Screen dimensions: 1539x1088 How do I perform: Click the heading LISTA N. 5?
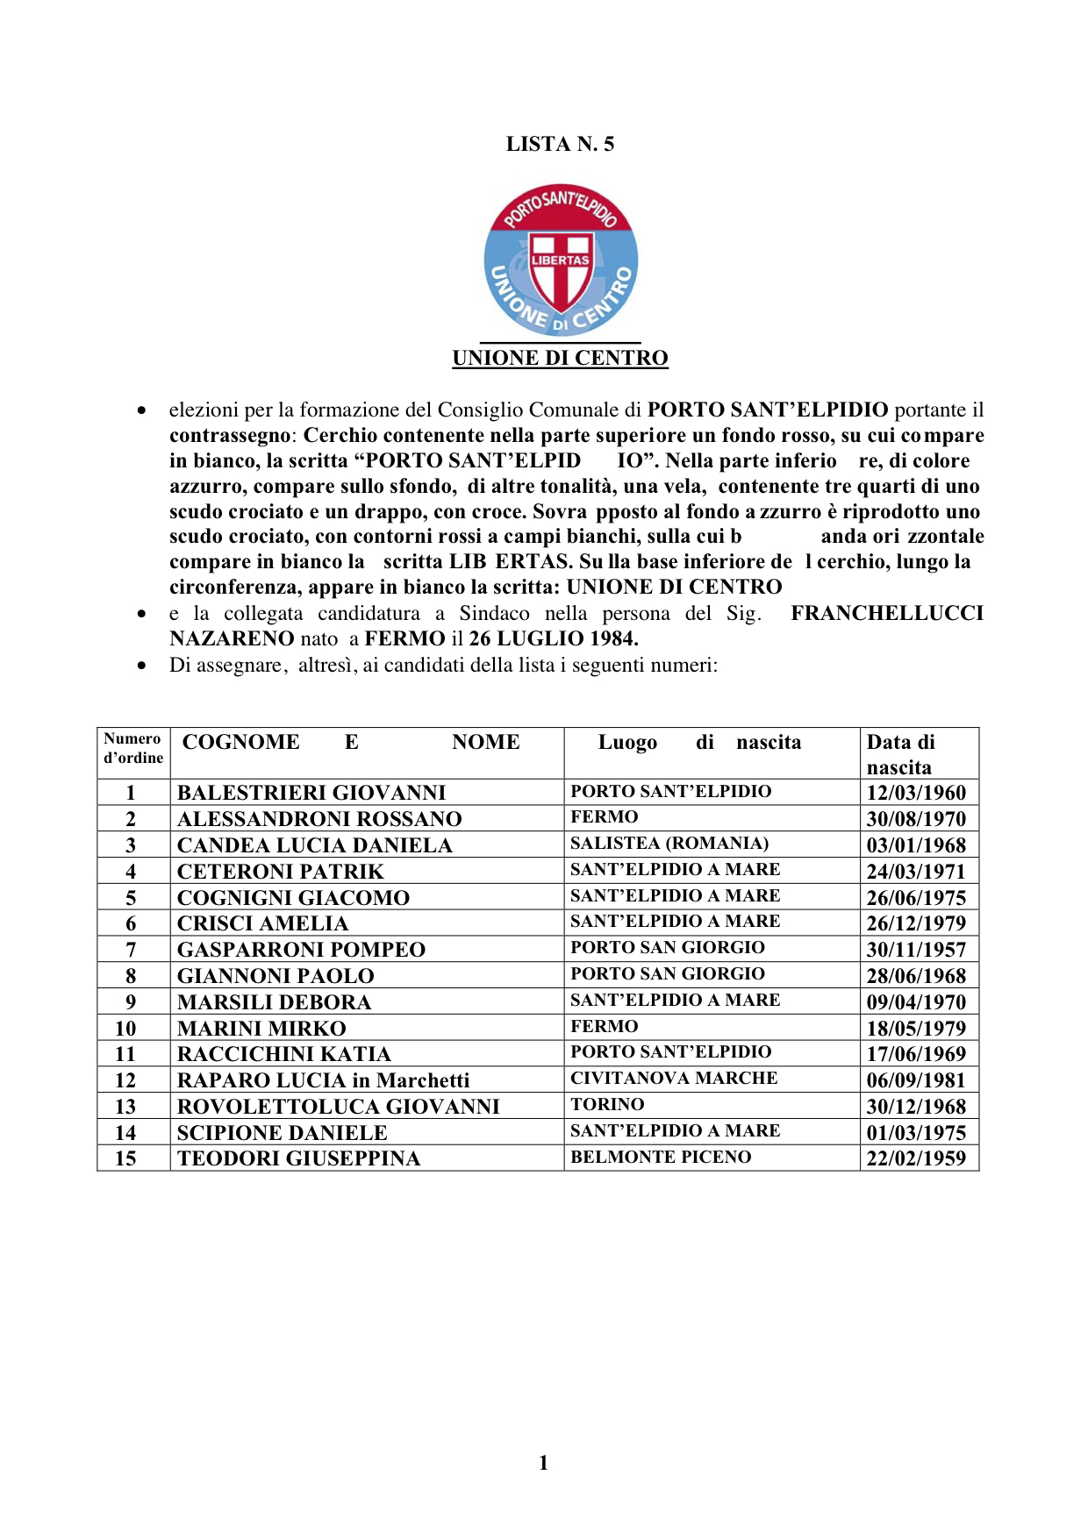click(560, 144)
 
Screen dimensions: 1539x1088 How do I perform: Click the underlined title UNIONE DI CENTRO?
click(560, 358)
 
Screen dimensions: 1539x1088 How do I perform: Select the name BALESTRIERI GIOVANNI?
click(311, 793)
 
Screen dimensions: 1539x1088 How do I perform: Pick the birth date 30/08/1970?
click(916, 819)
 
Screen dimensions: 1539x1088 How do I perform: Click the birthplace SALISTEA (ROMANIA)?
click(669, 844)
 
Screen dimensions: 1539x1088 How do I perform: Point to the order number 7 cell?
click(131, 950)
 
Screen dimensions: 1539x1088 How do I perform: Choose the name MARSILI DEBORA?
click(274, 1002)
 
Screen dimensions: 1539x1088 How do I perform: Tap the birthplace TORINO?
click(607, 1105)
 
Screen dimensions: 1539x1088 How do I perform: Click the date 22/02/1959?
click(916, 1158)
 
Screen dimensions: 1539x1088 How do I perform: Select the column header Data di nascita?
click(901, 754)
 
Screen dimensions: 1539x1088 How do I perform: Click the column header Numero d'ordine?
click(133, 748)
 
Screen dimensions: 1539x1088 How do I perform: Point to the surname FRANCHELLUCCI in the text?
click(886, 613)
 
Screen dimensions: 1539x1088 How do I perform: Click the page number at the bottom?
click(543, 1463)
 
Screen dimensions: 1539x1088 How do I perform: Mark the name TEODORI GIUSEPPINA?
click(298, 1158)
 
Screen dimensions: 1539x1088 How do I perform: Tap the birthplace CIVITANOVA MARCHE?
click(674, 1079)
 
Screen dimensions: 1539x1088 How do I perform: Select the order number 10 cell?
click(125, 1029)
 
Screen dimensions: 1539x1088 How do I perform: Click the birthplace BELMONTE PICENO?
click(661, 1158)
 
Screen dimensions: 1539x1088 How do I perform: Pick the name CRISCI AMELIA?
click(262, 923)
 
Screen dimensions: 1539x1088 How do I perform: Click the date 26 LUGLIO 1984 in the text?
click(553, 638)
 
